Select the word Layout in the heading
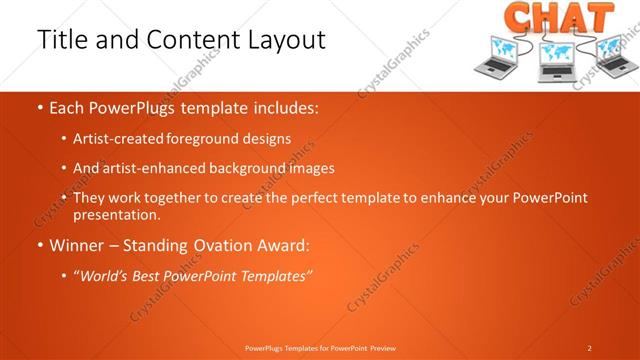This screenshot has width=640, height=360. click(283, 40)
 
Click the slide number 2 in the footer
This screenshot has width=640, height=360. click(589, 348)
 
